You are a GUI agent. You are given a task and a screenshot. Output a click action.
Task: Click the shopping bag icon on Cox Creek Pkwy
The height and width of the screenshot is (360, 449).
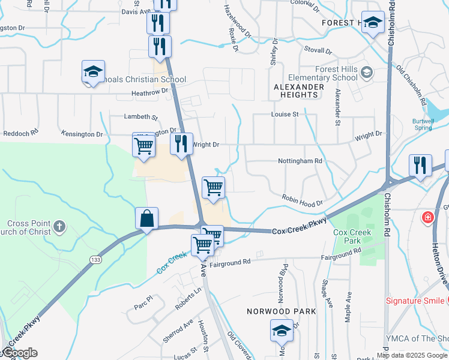tap(146, 219)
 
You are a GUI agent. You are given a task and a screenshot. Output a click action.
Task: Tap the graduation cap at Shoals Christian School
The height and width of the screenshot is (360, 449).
tap(93, 73)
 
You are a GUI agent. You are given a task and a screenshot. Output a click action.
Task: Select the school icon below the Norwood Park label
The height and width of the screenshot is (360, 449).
tap(281, 330)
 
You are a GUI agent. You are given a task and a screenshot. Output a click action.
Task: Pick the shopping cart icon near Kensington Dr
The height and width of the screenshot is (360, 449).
tap(143, 145)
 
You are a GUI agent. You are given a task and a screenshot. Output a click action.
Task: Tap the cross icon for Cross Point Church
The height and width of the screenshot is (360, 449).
tap(59, 226)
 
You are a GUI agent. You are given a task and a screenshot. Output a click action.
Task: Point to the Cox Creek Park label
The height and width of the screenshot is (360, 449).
tap(348, 236)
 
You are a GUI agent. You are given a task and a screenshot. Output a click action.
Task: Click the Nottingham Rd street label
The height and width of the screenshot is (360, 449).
tap(300, 161)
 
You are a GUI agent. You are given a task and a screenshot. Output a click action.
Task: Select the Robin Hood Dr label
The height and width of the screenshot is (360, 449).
tap(303, 200)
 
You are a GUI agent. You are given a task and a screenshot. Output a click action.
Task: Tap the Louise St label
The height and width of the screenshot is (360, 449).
tap(285, 114)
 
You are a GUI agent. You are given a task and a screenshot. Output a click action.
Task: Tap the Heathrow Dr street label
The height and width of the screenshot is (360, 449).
tap(151, 93)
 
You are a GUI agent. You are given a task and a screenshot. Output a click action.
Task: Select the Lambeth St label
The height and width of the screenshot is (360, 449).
tap(140, 117)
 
